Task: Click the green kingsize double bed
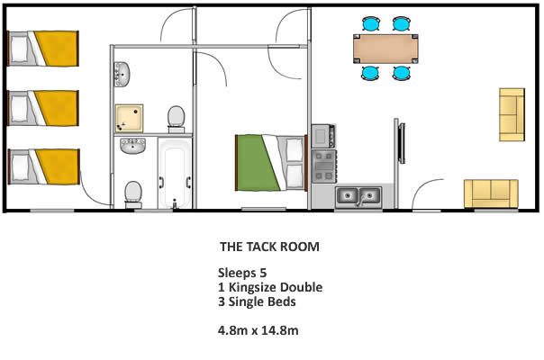pos(271,163)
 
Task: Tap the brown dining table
pos(385,49)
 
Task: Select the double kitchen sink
pos(358,197)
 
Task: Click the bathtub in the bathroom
pos(175,173)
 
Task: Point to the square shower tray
pos(129,118)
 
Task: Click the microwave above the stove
pos(323,136)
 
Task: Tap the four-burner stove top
pos(324,166)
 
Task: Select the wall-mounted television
pos(402,143)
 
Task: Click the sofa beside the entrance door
pos(491,193)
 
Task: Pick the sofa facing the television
pos(512,115)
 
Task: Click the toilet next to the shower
pos(177,119)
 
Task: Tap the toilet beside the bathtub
pos(133,194)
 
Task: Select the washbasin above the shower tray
pos(122,74)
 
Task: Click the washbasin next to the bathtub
pos(133,146)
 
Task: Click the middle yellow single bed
pos(43,108)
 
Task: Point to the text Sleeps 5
pos(242,273)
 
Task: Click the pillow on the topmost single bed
pos(20,49)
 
